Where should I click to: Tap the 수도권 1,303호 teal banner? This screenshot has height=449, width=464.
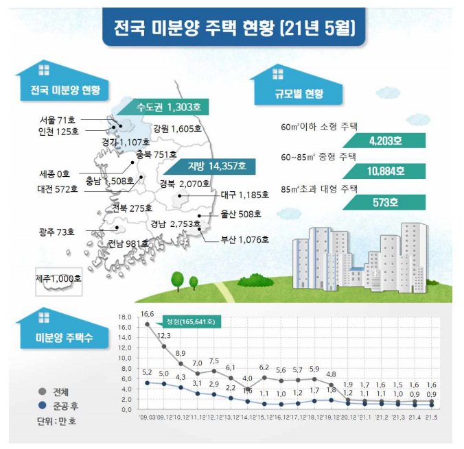point(168,108)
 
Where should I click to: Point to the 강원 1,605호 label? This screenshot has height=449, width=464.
point(177,128)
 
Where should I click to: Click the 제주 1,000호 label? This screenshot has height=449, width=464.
point(58,279)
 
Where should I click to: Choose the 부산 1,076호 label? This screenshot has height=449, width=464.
point(244,240)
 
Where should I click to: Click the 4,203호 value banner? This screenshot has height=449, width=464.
point(383,142)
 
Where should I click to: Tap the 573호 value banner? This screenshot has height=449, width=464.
point(383,203)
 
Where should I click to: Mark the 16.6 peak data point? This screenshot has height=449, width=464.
point(147,324)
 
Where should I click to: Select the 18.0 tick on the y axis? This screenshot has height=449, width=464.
point(124,317)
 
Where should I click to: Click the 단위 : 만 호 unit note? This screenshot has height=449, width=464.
point(56,420)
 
